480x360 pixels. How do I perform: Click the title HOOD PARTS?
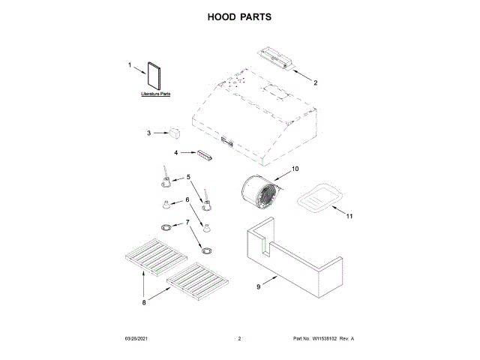pos(239,16)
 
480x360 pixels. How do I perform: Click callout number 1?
pos(129,67)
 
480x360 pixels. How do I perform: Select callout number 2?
pos(316,82)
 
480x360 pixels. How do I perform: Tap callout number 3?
pos(148,133)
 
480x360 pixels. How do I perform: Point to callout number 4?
pos(177,152)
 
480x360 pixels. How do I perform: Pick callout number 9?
pos(258,286)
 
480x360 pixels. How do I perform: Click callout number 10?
pos(295,169)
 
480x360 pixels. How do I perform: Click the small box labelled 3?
pos(175,132)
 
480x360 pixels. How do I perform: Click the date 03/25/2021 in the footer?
pos(135,339)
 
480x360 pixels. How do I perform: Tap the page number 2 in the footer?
pos(238,339)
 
